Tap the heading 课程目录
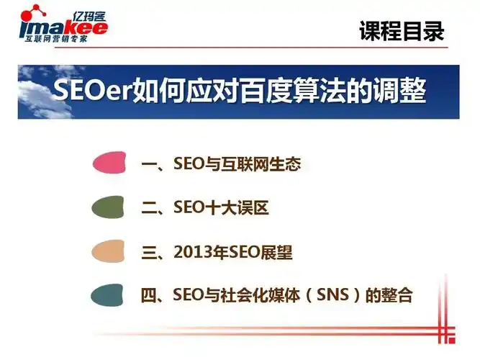click(x=402, y=31)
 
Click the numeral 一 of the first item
click(x=150, y=165)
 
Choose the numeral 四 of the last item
click(x=150, y=295)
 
